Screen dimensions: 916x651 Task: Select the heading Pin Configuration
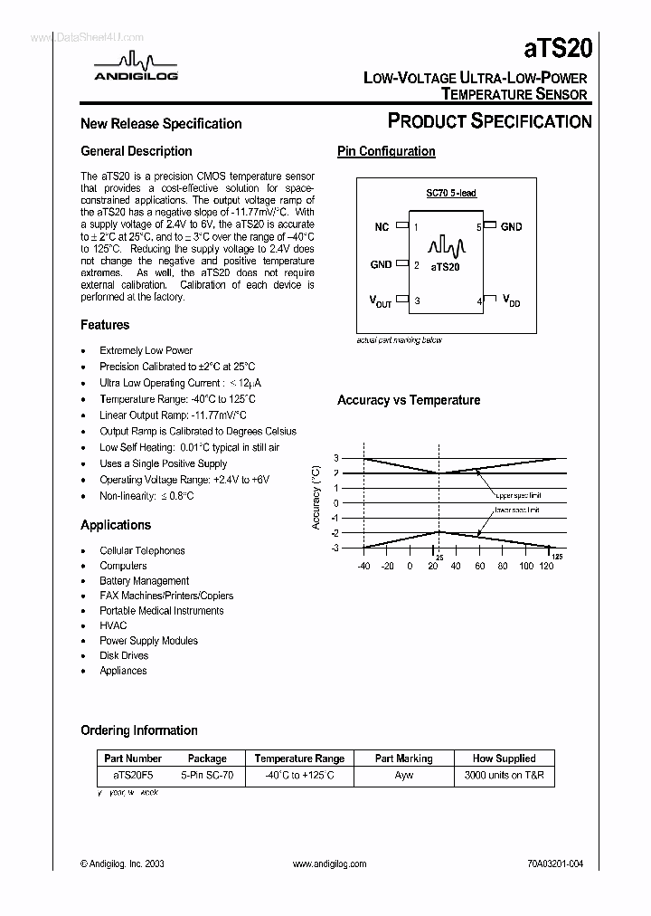[x=386, y=151]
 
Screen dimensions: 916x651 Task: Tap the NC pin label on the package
[x=382, y=227]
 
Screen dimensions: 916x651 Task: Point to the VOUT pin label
[x=381, y=301]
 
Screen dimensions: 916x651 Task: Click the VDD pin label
[x=511, y=301]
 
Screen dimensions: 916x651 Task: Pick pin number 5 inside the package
[x=478, y=227]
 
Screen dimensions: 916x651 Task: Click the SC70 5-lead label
[x=451, y=194]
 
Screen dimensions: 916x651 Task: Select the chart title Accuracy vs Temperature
[x=409, y=400]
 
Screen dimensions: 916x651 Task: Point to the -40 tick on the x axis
[x=363, y=566]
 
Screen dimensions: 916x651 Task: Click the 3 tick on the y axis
[x=335, y=458]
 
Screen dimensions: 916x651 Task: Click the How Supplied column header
[x=504, y=759]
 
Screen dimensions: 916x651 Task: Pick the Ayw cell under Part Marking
[x=403, y=776]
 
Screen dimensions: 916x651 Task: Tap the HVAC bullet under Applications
[x=113, y=625]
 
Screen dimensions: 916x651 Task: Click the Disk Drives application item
[x=124, y=655]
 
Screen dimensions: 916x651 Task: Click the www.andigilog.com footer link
[x=330, y=864]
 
